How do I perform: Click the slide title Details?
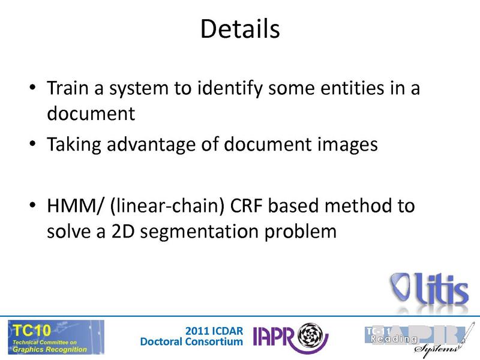pos(240,29)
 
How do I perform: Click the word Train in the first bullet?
pos(67,89)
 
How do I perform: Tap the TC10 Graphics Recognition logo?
pos(56,336)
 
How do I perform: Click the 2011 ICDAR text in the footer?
pos(214,329)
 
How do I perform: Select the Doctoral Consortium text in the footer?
pos(191,342)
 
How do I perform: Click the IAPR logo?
pos(290,337)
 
